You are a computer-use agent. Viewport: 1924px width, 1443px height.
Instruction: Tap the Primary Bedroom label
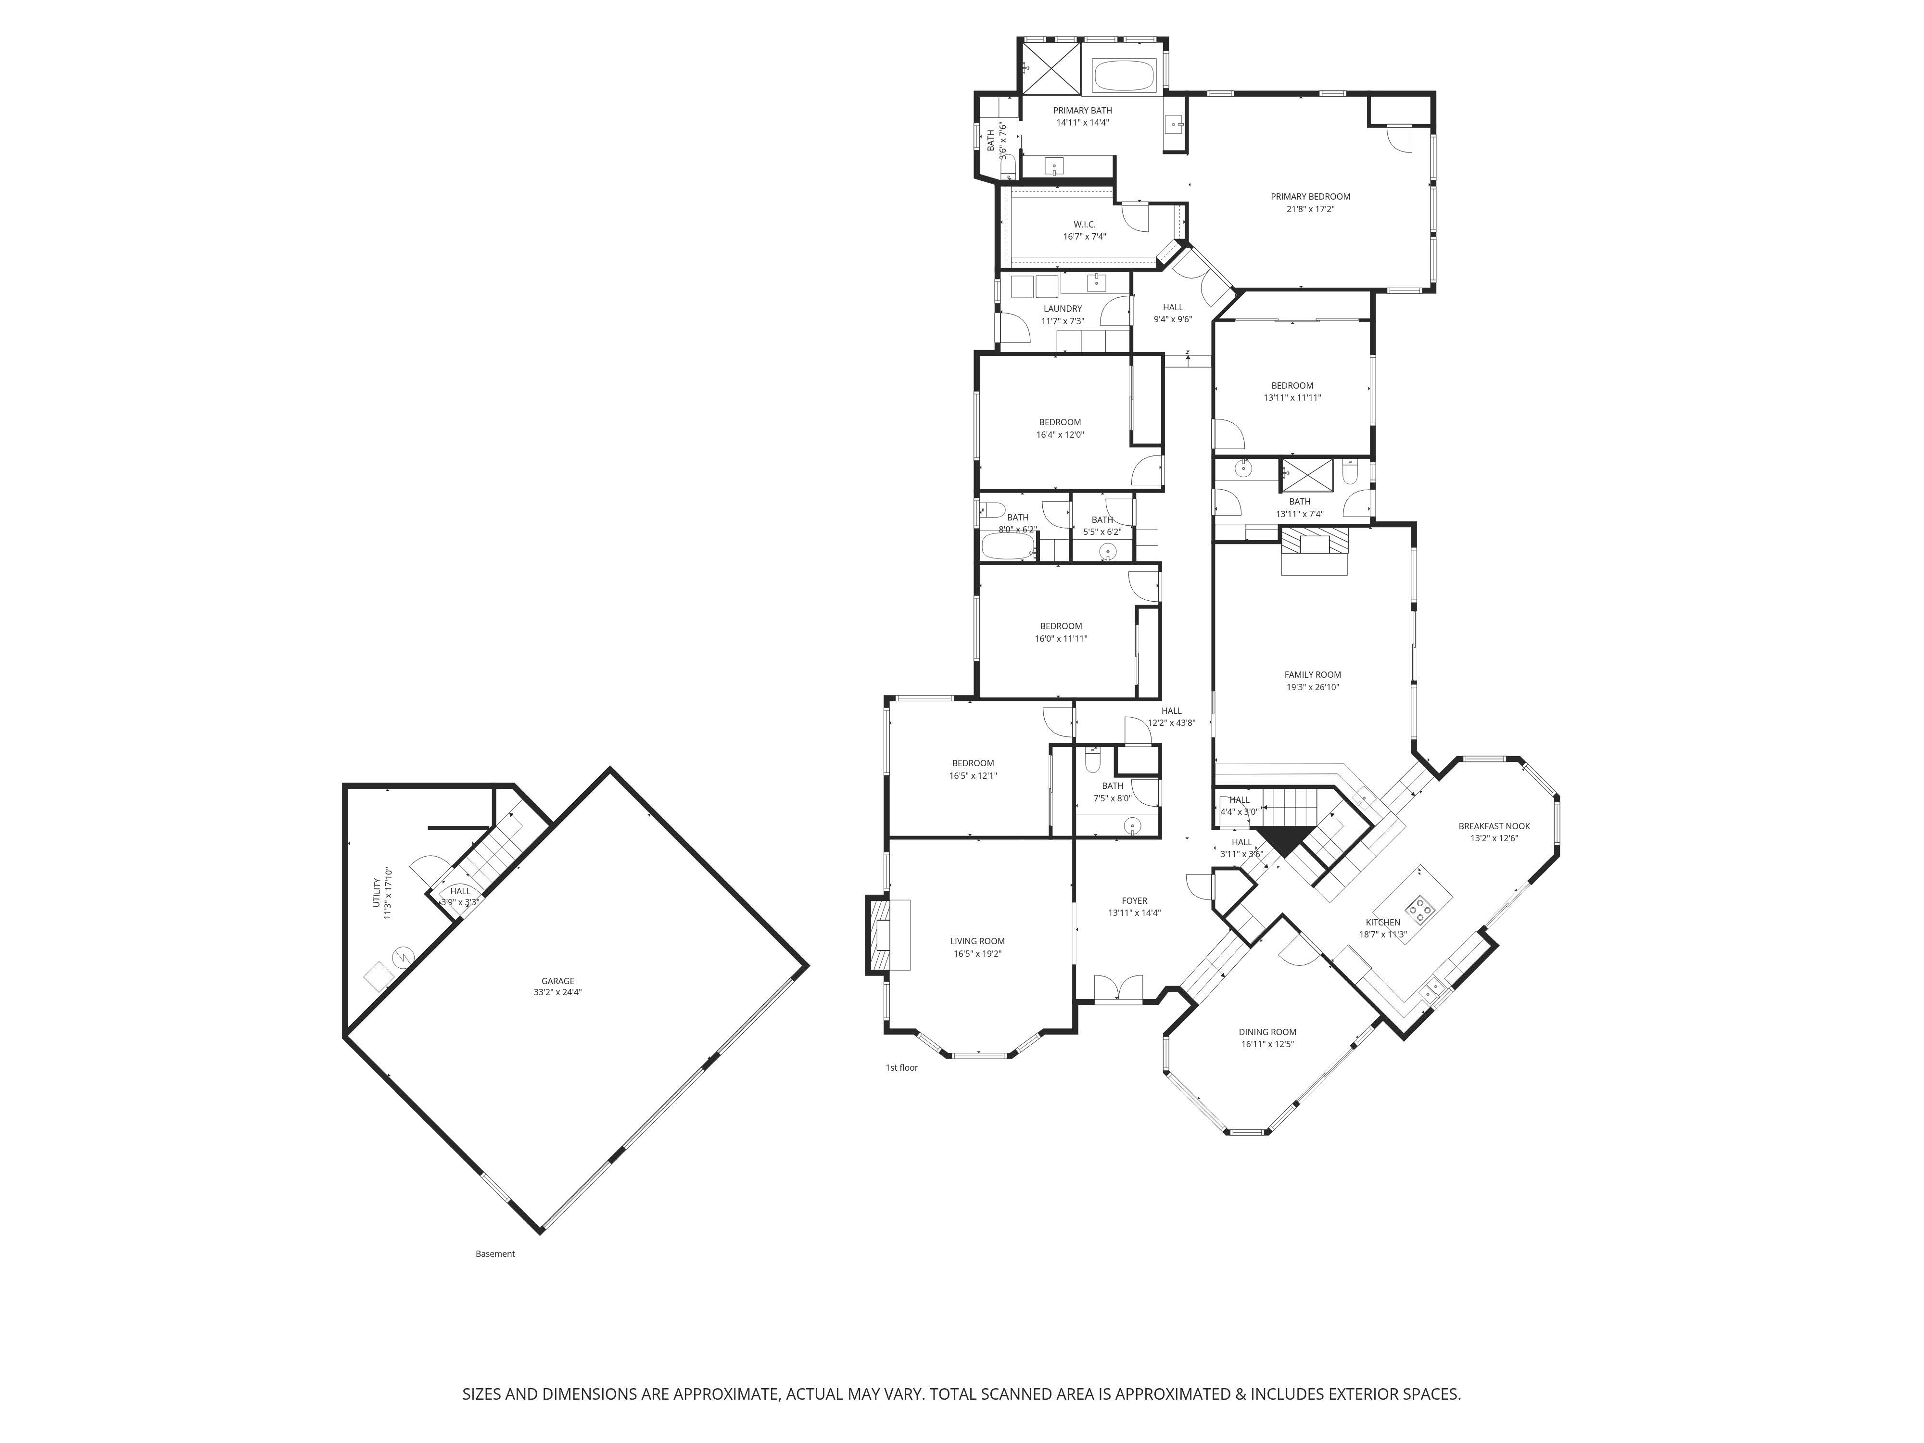[x=1310, y=197]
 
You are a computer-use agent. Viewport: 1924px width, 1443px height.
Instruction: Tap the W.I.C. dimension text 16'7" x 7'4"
[x=1084, y=237]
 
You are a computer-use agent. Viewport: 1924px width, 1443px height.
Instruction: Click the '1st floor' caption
[x=901, y=1067]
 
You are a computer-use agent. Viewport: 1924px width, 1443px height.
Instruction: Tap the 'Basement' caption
[x=495, y=1253]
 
